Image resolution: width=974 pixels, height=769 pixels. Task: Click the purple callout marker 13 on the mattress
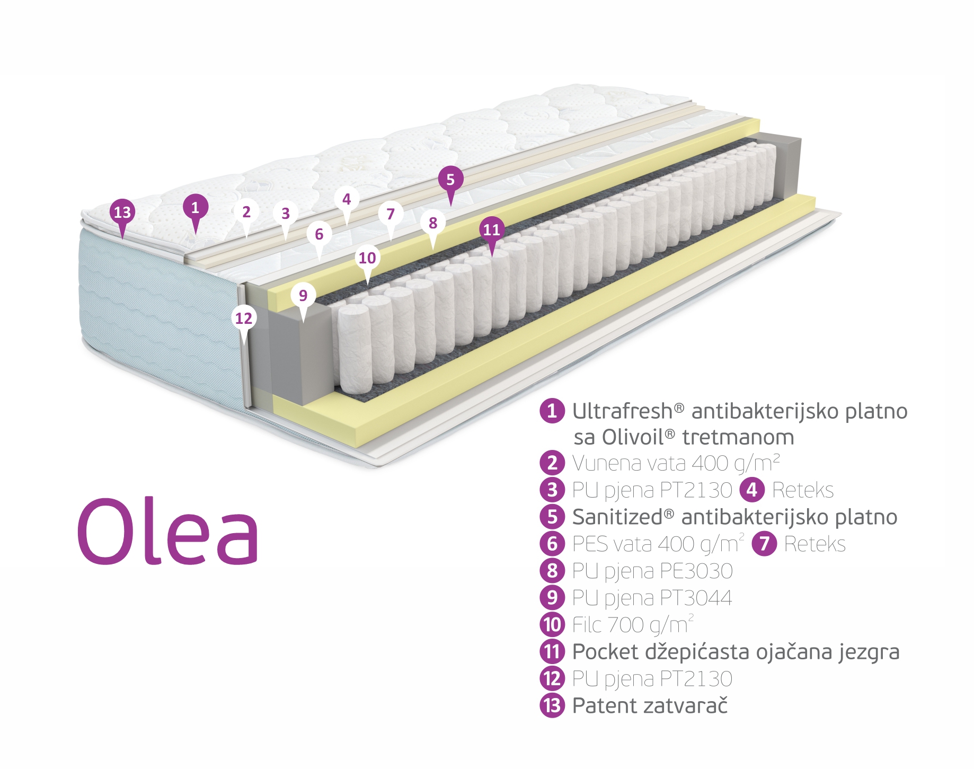(122, 213)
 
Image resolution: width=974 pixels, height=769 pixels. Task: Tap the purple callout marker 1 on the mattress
(195, 208)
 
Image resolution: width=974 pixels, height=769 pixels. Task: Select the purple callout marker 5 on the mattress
(450, 180)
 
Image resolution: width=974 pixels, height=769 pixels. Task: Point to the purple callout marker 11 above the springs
(492, 229)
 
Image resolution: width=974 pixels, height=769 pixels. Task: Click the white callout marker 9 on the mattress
(303, 295)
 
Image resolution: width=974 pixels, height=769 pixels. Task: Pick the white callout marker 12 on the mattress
(244, 319)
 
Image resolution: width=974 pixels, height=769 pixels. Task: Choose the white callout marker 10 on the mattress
(367, 258)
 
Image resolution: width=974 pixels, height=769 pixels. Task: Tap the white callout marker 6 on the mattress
(319, 234)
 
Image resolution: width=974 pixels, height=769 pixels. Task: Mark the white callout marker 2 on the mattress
(246, 212)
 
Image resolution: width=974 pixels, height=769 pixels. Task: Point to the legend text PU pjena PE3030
(652, 571)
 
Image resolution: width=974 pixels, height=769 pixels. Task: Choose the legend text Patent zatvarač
(650, 706)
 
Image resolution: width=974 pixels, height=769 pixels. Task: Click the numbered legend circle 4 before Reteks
(752, 490)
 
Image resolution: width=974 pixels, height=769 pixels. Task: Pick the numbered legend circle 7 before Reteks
(764, 544)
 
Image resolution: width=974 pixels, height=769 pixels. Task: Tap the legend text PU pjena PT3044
(652, 598)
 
